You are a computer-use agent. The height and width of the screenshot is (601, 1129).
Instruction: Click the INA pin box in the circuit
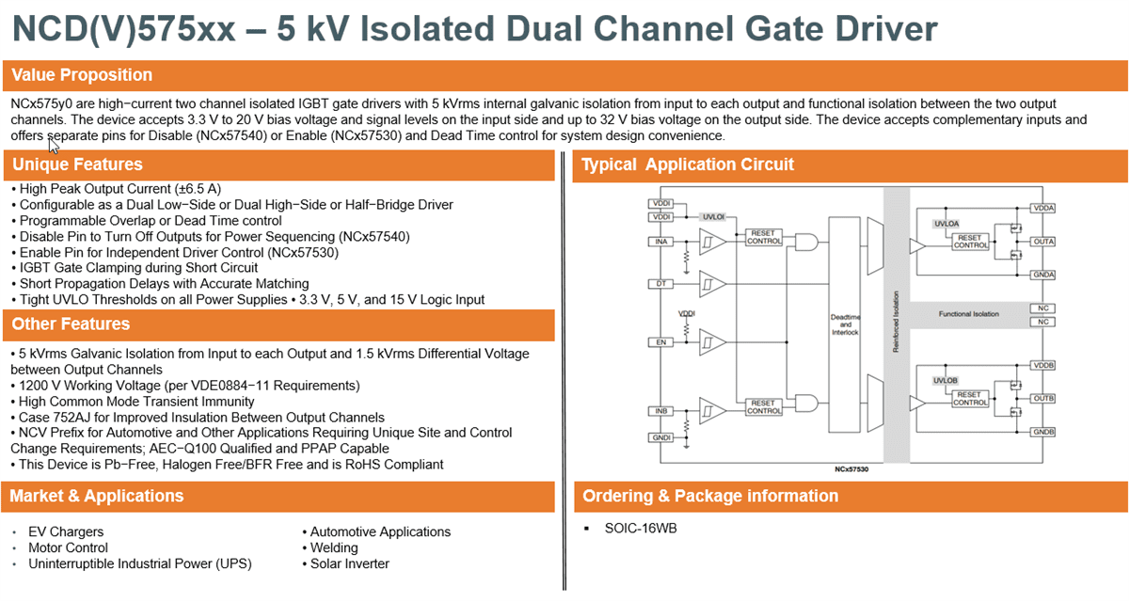(661, 242)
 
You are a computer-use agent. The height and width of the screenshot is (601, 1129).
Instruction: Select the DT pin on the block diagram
(661, 283)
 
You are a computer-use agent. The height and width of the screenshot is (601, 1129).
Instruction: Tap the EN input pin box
(661, 342)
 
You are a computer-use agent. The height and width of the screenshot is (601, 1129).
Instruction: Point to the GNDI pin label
(661, 438)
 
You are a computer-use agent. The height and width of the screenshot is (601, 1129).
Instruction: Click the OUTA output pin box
(1042, 242)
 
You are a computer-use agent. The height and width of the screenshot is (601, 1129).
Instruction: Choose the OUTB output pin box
(1042, 399)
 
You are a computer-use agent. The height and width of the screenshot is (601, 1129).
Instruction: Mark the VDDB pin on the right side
(1042, 365)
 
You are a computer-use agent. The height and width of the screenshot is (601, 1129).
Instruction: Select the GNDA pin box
(1042, 275)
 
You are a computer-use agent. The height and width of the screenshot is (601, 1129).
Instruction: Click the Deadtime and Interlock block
(845, 324)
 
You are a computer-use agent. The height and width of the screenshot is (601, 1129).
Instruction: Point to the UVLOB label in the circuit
(944, 380)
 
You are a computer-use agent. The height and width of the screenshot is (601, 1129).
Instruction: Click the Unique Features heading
(77, 165)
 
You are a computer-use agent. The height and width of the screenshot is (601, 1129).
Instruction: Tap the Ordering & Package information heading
(710, 496)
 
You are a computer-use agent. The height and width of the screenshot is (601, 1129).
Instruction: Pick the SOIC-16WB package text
(641, 528)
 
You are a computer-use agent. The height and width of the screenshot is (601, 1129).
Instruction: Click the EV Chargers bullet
(66, 531)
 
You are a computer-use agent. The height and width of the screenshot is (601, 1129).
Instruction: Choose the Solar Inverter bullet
(349, 563)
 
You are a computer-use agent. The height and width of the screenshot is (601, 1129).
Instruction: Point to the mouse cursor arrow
(54, 146)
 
